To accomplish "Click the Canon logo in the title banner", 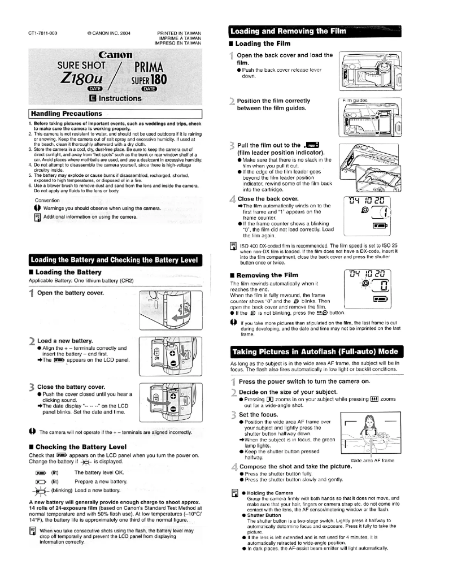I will (x=119, y=56).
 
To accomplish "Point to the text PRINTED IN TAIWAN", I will (x=178, y=33).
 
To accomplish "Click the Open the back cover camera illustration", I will (x=368, y=69).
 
